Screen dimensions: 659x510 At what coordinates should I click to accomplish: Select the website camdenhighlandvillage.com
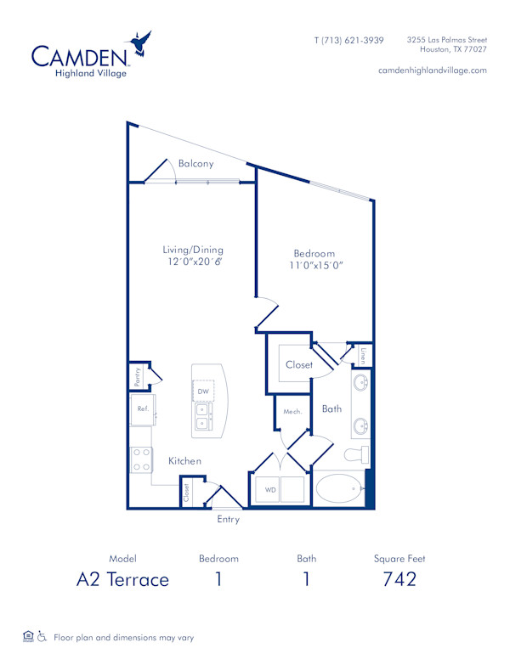click(432, 70)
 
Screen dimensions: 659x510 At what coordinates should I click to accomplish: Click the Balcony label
click(195, 164)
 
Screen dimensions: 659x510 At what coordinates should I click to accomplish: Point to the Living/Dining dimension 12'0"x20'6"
click(193, 263)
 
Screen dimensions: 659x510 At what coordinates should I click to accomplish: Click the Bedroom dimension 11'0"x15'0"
click(314, 266)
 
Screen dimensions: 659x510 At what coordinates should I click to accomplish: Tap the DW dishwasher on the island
click(203, 391)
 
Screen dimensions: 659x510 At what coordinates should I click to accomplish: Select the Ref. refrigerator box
click(143, 408)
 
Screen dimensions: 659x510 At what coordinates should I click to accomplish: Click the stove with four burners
click(141, 459)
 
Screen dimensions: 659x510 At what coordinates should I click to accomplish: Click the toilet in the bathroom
click(356, 454)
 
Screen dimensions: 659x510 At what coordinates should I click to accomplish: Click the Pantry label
click(136, 373)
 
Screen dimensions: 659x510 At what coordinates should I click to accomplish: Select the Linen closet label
click(363, 353)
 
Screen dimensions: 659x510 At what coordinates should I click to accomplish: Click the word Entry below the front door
click(228, 519)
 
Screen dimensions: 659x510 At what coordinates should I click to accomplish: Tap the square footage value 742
click(399, 580)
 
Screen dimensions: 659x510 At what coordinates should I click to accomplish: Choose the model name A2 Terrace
click(122, 580)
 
